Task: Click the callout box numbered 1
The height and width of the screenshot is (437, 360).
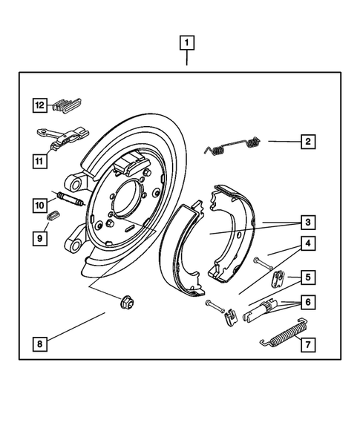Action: [187, 43]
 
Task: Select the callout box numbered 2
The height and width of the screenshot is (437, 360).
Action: [307, 141]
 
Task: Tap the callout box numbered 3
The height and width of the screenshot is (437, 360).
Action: [307, 222]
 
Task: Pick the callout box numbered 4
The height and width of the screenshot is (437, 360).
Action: [307, 243]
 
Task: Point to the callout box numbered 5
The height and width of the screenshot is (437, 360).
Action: [307, 278]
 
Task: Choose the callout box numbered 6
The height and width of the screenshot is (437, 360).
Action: [307, 303]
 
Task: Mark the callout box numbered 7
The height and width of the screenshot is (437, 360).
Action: [307, 344]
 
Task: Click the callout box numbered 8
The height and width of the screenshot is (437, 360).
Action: [39, 344]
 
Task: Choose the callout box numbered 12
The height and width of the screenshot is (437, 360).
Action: [39, 105]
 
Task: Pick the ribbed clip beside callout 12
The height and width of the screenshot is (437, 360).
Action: [68, 105]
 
